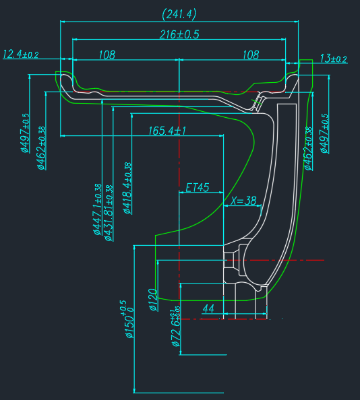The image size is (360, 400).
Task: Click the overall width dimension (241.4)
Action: (x=179, y=13)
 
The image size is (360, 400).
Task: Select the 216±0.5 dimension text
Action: (x=179, y=34)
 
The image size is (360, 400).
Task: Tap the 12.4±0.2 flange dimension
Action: (x=21, y=54)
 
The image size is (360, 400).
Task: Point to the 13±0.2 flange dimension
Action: (x=333, y=59)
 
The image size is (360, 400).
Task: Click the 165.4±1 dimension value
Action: (x=167, y=131)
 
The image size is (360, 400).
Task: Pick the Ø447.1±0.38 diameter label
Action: (x=97, y=211)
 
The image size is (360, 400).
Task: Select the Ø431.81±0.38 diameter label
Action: (x=108, y=211)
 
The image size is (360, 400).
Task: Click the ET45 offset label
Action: (x=197, y=187)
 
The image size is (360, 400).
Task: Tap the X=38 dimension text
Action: (x=243, y=201)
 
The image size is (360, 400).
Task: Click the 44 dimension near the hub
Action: (x=208, y=308)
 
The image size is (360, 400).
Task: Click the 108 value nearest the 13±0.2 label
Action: (x=251, y=55)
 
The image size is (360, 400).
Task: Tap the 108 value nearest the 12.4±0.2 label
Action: (x=107, y=55)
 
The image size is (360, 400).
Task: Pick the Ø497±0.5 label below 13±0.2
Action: (x=326, y=133)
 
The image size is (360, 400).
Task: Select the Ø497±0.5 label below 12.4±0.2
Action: (x=25, y=133)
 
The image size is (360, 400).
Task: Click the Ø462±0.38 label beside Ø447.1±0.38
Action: (x=41, y=148)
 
